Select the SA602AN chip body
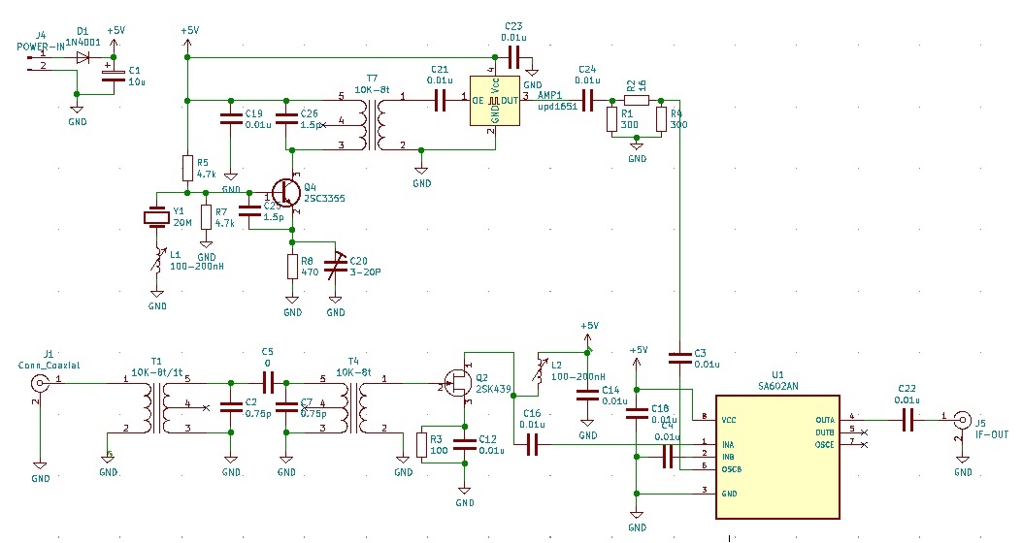[x=776, y=457]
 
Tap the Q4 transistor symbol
[x=285, y=192]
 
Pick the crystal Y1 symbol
[x=155, y=217]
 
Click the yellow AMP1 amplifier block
[x=495, y=100]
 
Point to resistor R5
[x=187, y=169]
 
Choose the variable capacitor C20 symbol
[x=336, y=265]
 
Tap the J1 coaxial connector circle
[x=40, y=381]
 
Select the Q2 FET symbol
[x=457, y=382]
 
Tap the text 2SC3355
[x=324, y=199]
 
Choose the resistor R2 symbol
[x=636, y=99]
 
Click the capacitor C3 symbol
[x=680, y=359]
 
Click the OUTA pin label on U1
[x=825, y=420]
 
